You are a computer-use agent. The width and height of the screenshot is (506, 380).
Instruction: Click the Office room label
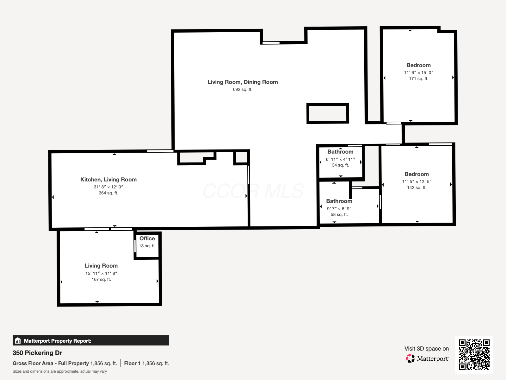click(147, 238)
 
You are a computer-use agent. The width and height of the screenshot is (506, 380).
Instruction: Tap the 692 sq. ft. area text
click(243, 90)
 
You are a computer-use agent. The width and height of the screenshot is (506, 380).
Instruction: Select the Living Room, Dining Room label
click(243, 82)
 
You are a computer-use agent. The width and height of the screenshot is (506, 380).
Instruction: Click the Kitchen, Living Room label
click(108, 180)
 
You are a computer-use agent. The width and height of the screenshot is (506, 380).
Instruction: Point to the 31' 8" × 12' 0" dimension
click(108, 187)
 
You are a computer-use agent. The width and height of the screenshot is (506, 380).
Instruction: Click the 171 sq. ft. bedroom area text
click(418, 79)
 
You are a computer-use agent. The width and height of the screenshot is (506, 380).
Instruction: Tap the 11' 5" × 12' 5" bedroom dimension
click(417, 181)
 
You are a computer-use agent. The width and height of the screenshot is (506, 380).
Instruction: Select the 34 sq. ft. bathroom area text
click(340, 165)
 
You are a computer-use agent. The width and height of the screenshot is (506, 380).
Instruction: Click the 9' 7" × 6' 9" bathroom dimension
click(339, 209)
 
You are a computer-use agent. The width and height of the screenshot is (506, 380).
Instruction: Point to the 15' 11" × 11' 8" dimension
click(101, 273)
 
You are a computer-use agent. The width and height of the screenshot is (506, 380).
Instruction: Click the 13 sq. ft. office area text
click(147, 246)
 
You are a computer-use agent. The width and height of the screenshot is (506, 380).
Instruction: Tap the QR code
click(474, 354)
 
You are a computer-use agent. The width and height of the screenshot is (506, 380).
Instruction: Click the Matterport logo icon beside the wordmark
click(410, 358)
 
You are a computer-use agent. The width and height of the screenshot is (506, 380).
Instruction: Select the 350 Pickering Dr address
click(37, 353)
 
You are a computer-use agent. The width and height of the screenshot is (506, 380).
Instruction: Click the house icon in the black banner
click(18, 341)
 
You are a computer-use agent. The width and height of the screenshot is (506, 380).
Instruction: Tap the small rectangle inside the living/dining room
click(328, 113)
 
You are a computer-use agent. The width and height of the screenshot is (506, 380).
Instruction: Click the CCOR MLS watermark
click(253, 191)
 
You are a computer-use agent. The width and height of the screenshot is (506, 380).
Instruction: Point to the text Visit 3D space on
click(426, 349)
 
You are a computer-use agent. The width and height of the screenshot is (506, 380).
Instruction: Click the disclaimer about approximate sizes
click(60, 371)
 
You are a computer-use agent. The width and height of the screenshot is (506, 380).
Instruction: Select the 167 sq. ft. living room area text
click(101, 279)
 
